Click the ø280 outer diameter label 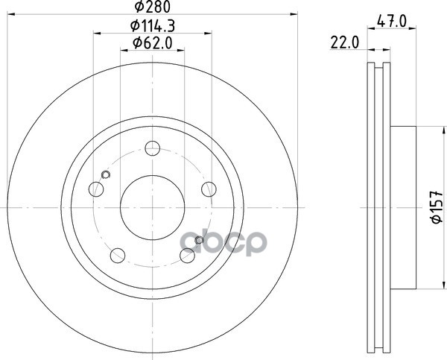coord(152,7)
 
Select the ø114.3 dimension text coord(153,26)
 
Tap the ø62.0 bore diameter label coord(153,43)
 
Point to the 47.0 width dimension coord(391,22)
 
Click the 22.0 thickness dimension coord(345,43)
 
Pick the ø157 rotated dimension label coord(437,207)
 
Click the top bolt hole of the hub coord(153,148)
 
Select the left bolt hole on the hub coord(96,189)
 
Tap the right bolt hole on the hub coord(209,189)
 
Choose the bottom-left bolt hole coord(118,256)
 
